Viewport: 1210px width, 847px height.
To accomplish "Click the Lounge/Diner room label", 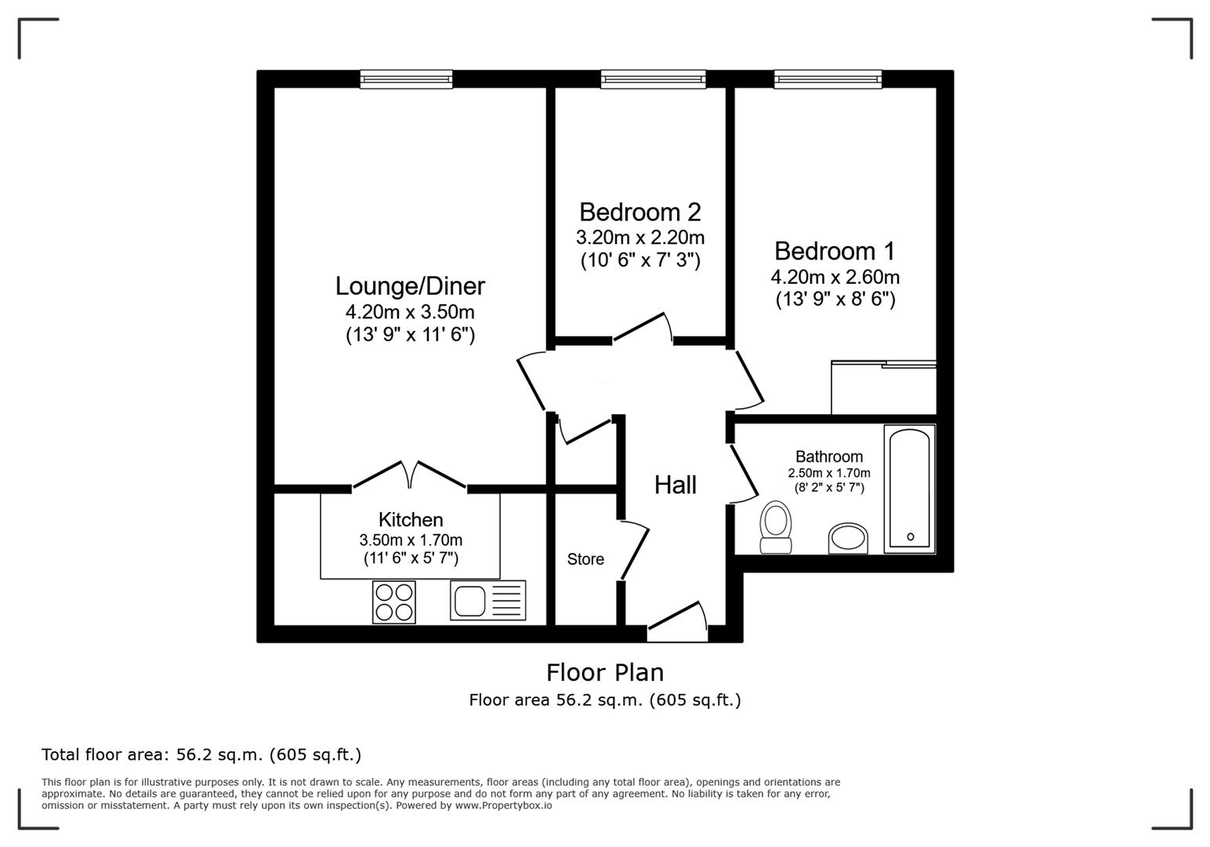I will coord(410,285).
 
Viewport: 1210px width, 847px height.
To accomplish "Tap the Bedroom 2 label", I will coord(639,212).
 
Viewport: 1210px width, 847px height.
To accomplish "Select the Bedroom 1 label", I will coord(834,251).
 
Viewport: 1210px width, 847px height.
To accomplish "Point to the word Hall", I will coord(675,485).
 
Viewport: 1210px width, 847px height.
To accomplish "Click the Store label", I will coord(585,559).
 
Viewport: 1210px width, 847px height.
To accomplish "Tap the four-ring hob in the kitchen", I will coord(393,602).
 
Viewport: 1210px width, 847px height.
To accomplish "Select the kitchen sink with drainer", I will coord(487,601).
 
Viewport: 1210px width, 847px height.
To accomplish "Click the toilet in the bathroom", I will coord(776,527).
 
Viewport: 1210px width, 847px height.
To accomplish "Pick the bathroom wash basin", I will coord(848,539).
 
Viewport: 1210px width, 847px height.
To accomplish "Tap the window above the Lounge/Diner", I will coord(406,78).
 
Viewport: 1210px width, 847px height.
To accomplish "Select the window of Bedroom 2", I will coord(653,78).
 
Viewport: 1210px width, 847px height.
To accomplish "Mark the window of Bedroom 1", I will coord(828,78).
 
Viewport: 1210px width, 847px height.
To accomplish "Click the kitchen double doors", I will coord(410,475).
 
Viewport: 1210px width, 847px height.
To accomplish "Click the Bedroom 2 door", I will coord(643,327).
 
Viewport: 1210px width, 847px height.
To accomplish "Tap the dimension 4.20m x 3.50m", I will coord(410,311).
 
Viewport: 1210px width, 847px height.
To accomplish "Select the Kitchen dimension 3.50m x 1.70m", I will coord(411,540).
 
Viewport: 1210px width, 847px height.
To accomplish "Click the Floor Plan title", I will coord(604,672).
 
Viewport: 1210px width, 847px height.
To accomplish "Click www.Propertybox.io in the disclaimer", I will coord(503,805).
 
